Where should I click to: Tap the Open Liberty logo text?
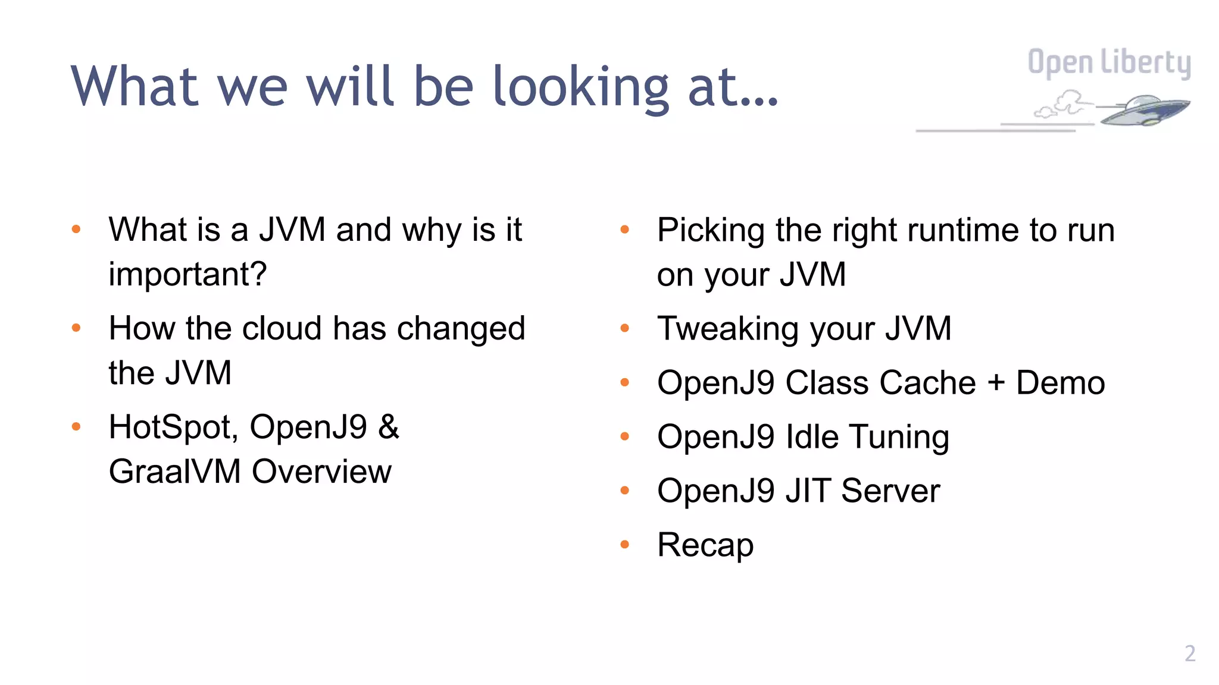coord(1109,63)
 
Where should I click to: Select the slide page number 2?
coord(1189,653)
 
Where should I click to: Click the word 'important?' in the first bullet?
coord(187,275)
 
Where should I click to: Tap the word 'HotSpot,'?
coord(173,427)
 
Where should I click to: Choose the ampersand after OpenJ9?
coord(388,427)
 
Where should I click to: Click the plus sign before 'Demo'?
coord(996,382)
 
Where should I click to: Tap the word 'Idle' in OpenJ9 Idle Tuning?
coord(812,437)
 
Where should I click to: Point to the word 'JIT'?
coord(807,491)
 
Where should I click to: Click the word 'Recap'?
coord(705,545)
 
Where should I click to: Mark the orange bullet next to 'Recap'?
coord(624,544)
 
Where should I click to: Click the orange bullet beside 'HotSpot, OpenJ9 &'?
coord(76,426)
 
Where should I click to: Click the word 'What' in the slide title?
coord(135,88)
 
